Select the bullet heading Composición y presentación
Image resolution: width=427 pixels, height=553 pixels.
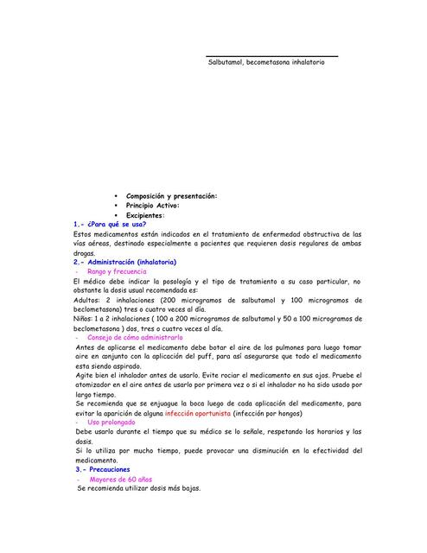pos(171,196)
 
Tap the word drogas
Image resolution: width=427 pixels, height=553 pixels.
pos(86,252)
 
